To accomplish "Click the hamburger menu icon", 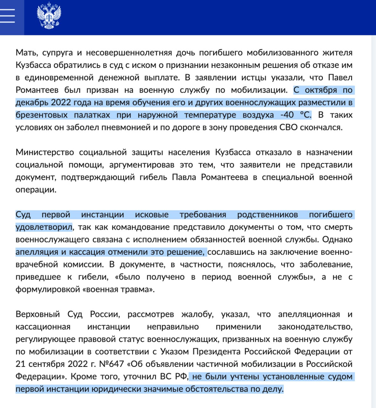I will click(x=8, y=15).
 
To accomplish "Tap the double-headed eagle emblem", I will click(x=49, y=16).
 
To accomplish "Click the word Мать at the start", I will click(x=26, y=53).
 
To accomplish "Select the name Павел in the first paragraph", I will click(x=340, y=78).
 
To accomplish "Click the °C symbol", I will click(x=305, y=115).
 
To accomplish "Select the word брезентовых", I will click(x=41, y=115).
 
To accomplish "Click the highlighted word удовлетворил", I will click(x=44, y=227).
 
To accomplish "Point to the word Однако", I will click(x=337, y=240).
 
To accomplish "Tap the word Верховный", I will click(x=38, y=314).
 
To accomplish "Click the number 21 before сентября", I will click(x=20, y=364).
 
